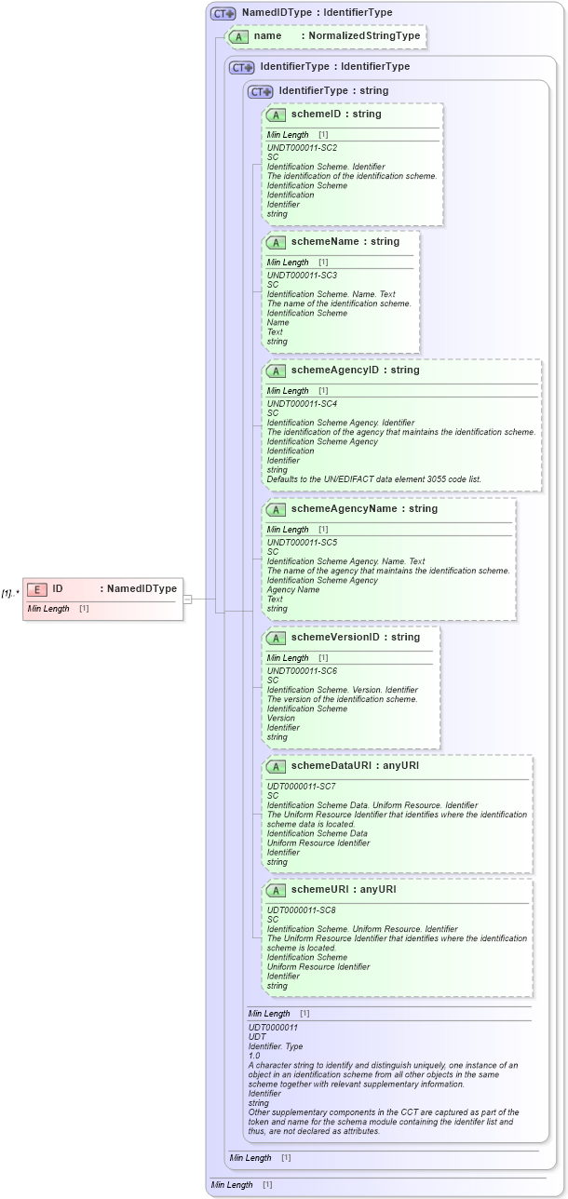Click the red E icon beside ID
pos(36,589)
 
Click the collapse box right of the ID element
pos(187,599)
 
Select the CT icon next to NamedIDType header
pos(223,13)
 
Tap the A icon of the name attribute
pos(238,36)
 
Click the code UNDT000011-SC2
pos(302,147)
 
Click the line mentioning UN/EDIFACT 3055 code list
pos(374,479)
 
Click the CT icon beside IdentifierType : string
pos(260,91)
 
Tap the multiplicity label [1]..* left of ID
pos(10,593)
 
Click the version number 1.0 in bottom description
pos(254,1056)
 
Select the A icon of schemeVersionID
pos(276,638)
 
